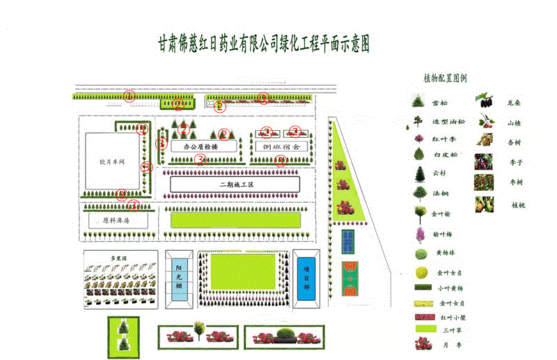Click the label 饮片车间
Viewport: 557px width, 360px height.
coord(112,162)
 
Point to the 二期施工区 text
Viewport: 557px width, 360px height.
coord(234,185)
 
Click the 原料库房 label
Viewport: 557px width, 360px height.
coord(116,220)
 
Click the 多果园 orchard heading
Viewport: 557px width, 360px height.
coord(120,258)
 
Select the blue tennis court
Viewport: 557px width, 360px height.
coord(347,242)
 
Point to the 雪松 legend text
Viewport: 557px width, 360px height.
coord(439,103)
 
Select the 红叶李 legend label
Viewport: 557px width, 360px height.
coord(442,140)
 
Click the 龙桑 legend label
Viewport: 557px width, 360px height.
coord(515,103)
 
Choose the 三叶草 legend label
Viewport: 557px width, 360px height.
coord(448,329)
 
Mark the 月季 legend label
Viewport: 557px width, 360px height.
coord(446,343)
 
